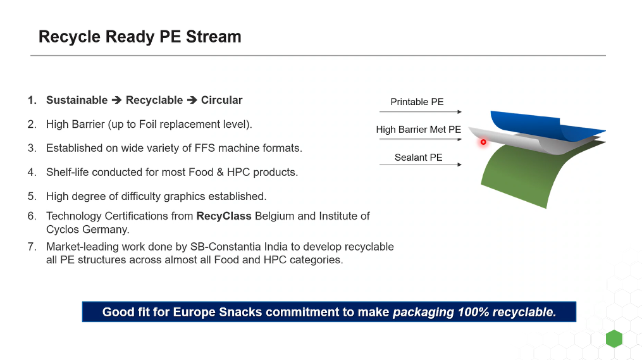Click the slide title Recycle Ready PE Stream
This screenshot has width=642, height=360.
(x=140, y=37)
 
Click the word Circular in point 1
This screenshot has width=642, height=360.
(x=221, y=100)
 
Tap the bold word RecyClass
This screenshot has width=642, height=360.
(x=224, y=216)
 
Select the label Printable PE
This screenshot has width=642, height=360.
(x=417, y=102)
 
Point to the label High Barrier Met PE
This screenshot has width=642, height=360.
(x=418, y=130)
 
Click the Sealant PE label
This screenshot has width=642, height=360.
(x=418, y=158)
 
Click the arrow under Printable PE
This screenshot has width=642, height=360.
(x=420, y=112)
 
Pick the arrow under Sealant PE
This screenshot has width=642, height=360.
(x=420, y=165)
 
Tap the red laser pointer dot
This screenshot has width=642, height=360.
(x=483, y=142)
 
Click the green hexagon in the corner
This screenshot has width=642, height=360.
(x=614, y=338)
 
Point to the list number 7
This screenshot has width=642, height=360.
(x=32, y=247)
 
